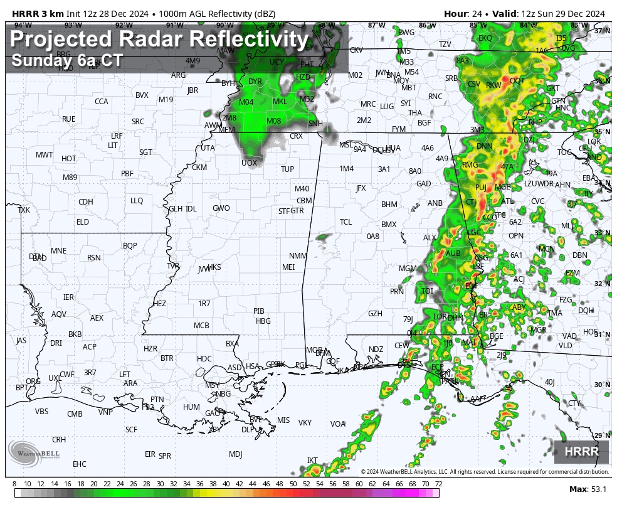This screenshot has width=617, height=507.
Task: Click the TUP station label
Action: [287, 169]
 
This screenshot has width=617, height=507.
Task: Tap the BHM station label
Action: [389, 205]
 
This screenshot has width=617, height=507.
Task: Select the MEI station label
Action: [288, 267]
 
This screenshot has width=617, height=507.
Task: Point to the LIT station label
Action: [113, 145]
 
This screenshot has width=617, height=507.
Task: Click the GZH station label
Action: [375, 314]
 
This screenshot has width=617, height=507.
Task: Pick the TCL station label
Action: [345, 222]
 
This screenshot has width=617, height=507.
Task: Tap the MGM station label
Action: [408, 269]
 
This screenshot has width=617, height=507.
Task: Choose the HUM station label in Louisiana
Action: [191, 407]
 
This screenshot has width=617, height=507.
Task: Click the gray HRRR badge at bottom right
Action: [581, 452]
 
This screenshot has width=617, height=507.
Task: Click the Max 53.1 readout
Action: [588, 489]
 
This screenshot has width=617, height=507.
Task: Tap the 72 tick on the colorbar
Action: [438, 484]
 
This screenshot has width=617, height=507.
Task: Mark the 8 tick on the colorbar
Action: [14, 484]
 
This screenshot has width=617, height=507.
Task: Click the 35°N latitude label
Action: [602, 132]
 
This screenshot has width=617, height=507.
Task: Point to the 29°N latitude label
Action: [602, 435]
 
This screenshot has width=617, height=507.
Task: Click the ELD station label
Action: [83, 222]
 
